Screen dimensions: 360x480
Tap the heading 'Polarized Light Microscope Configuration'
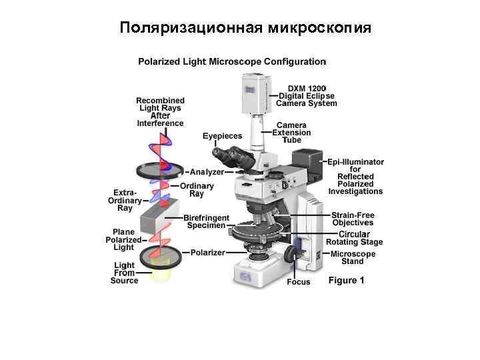click(232, 61)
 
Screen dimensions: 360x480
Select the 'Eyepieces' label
click(222, 136)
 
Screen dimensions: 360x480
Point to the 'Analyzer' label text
click(207, 171)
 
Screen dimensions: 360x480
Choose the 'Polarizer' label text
click(207, 253)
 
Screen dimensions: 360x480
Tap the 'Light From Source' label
click(125, 273)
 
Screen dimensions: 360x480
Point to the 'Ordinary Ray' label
click(197, 189)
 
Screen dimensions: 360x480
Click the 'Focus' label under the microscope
click(298, 282)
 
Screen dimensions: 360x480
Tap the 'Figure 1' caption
click(346, 281)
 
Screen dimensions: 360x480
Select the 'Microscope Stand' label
click(353, 257)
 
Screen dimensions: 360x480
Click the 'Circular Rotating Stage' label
click(360, 238)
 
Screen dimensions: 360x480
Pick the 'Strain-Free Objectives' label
click(353, 219)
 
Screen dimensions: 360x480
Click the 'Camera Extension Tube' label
click(293, 132)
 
